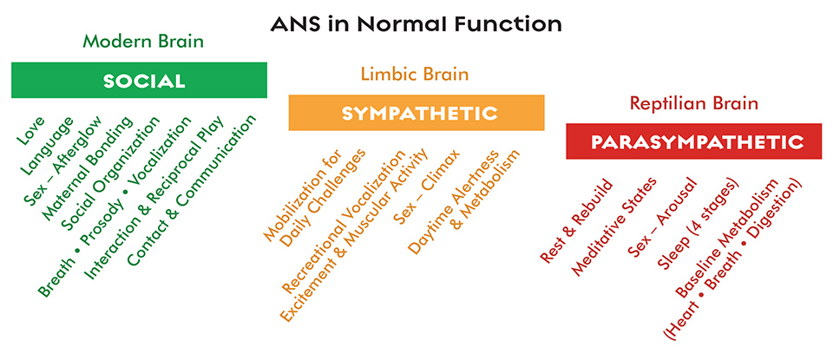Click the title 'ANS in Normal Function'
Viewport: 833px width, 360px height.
pos(416,24)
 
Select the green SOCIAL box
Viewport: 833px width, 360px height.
pos(139,80)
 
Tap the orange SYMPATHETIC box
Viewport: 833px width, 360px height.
pos(416,113)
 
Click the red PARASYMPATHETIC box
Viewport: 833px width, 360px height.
pos(694,141)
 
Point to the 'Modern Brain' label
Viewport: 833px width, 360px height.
pos(143,42)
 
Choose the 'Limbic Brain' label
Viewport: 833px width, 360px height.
pos(415,74)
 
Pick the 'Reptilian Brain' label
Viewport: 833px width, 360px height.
pos(693,102)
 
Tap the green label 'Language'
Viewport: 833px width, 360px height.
pos(47,145)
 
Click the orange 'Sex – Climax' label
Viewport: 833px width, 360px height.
pos(427,187)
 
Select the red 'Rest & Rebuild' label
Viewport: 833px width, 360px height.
pos(576,221)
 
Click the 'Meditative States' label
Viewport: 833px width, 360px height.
pos(614,226)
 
